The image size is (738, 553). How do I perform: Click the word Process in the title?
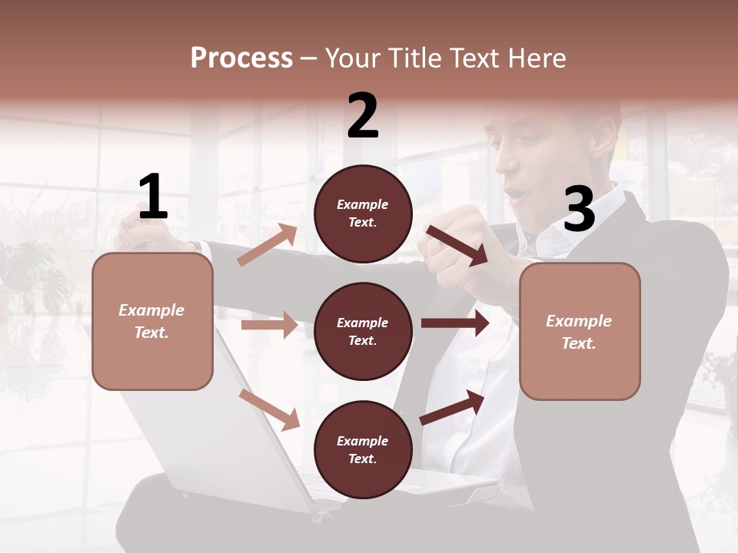(x=241, y=58)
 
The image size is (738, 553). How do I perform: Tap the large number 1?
(x=153, y=197)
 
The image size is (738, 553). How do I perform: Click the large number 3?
(x=579, y=209)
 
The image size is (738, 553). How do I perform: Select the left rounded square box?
(x=152, y=321)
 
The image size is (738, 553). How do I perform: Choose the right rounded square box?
(x=580, y=332)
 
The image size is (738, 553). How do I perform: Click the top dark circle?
(x=363, y=214)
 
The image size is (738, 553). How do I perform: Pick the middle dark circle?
(x=363, y=331)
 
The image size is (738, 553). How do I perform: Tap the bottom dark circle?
(x=363, y=449)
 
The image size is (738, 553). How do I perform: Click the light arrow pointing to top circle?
(x=267, y=245)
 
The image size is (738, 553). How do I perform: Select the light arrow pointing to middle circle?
(x=269, y=325)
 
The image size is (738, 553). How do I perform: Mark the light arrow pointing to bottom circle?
(x=269, y=409)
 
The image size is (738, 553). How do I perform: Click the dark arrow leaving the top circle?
(x=457, y=245)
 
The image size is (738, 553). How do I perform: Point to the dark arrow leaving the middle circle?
(x=454, y=323)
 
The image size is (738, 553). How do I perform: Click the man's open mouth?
(x=520, y=190)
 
